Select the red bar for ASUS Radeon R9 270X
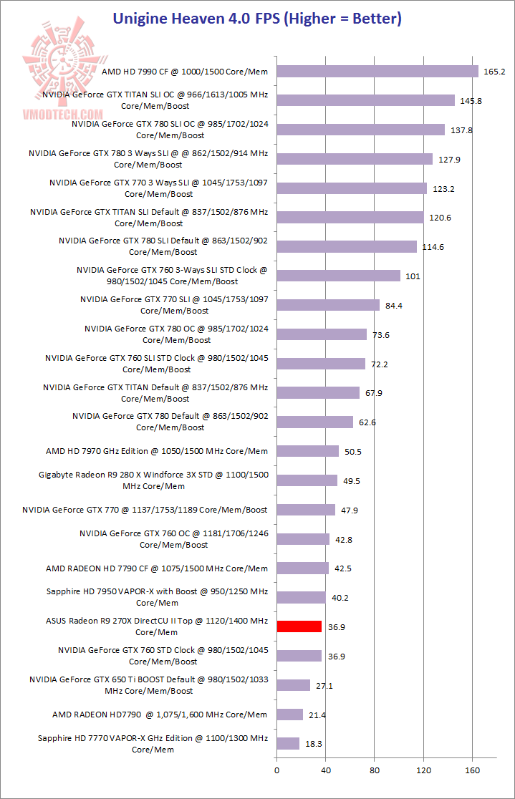pos(299,626)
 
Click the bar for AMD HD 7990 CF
pos(377,71)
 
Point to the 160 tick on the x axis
pos(472,771)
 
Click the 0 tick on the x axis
pos(277,771)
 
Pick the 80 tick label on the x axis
pos(375,771)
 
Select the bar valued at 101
pos(338,276)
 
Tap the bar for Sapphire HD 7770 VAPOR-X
pos(288,744)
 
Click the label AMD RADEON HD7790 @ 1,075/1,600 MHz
pos(160,715)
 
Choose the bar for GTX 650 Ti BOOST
pos(293,685)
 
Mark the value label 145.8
pos(471,101)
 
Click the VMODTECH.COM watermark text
pos(62,115)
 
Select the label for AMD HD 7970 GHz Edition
pos(157,451)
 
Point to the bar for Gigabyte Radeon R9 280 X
pos(307,480)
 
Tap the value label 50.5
pos(352,452)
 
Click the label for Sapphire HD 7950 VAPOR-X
pos(157,597)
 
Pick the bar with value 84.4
pos(328,305)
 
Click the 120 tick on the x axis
pos(423,771)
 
